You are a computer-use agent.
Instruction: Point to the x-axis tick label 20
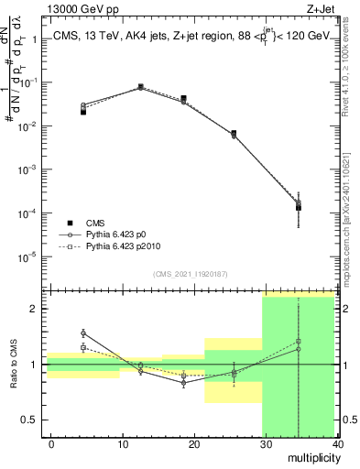(194, 442)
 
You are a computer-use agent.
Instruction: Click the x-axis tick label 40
(338, 442)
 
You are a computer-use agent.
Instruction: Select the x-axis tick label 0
(51, 442)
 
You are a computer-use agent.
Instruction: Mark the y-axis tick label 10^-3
(27, 169)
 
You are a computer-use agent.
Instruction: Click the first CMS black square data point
(83, 111)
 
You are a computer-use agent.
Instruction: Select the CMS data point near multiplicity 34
(299, 208)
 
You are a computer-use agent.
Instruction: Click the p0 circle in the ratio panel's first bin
(83, 333)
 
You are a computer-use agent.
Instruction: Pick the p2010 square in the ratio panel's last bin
(299, 341)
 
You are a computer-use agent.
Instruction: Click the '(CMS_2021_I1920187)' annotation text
(191, 274)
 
